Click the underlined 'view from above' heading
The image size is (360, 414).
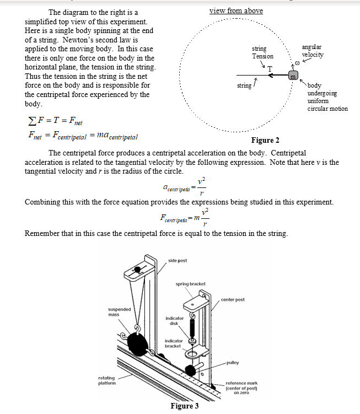tap(236, 10)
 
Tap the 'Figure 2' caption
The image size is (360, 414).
tap(265, 140)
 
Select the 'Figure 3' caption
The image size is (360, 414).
tap(185, 406)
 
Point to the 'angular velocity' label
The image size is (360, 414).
tap(313, 51)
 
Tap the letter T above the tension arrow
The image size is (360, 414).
tap(270, 68)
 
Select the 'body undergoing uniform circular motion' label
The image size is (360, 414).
tap(327, 97)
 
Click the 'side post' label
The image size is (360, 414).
tap(178, 259)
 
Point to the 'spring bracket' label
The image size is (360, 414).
tap(190, 283)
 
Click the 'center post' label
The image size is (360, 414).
tap(232, 299)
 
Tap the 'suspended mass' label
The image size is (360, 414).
tap(119, 312)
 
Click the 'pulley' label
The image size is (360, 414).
tap(232, 362)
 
